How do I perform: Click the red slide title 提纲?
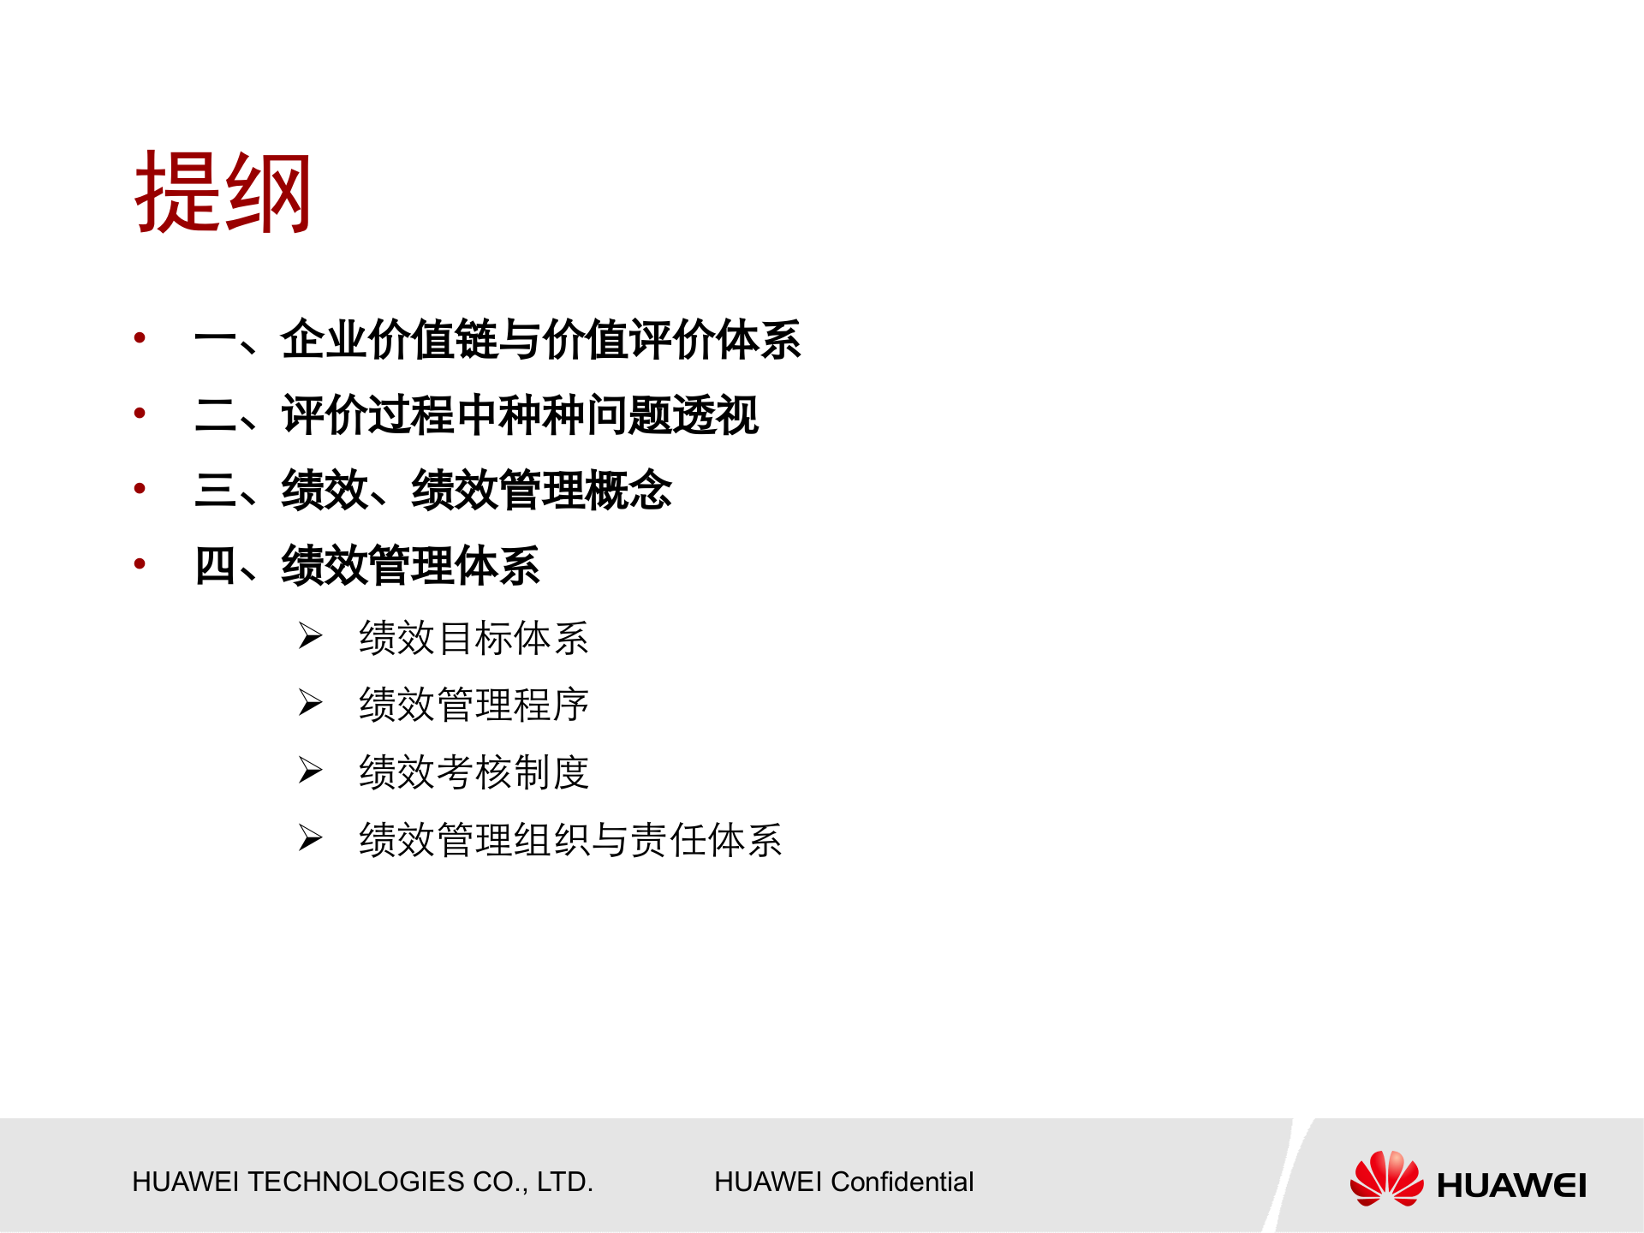click(x=223, y=193)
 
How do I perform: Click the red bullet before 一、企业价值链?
click(x=140, y=338)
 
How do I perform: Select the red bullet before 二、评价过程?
click(x=140, y=414)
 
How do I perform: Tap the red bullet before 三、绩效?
click(x=140, y=489)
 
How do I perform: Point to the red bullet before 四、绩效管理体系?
click(x=140, y=564)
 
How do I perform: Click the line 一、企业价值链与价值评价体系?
click(x=497, y=340)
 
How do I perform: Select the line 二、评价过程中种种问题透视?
click(x=476, y=415)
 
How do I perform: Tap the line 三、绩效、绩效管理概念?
click(x=433, y=491)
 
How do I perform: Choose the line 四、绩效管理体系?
click(x=367, y=566)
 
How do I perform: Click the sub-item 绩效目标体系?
click(x=474, y=639)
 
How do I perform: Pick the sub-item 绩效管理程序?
click(x=474, y=706)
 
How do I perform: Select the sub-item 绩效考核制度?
click(x=474, y=772)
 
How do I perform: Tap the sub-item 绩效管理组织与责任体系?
click(x=570, y=840)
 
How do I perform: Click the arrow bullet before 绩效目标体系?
click(x=310, y=636)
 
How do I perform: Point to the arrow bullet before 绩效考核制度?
click(x=310, y=771)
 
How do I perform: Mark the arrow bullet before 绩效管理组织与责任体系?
click(x=310, y=837)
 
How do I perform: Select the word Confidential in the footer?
click(x=902, y=1182)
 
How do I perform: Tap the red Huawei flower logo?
click(x=1386, y=1179)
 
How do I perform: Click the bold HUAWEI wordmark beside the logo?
click(x=1511, y=1186)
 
